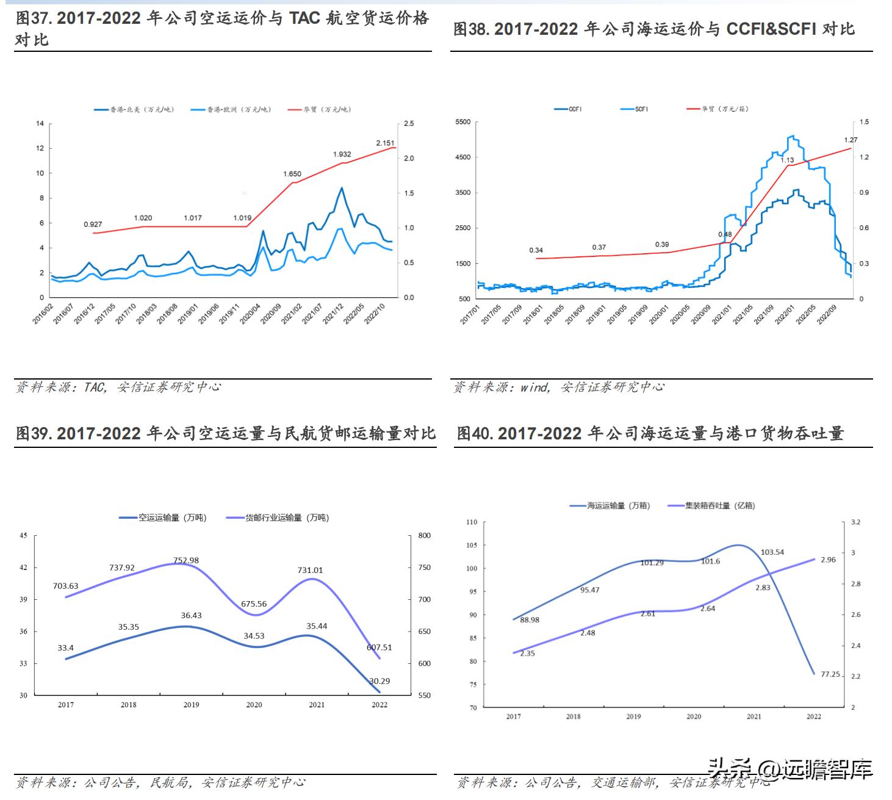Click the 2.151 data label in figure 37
pos(385,143)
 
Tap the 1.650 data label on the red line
pos(292,174)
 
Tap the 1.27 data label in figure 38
pos(851,140)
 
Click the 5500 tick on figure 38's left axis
pos(463,122)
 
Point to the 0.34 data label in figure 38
pos(536,250)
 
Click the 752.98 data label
pos(185,560)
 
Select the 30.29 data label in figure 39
pos(379,681)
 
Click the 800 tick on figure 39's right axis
pos(424,536)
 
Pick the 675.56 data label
pos(254,604)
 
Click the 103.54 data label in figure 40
pos(772,552)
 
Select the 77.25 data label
pos(830,674)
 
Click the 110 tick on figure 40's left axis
pos(472,522)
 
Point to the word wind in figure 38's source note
pos(534,387)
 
